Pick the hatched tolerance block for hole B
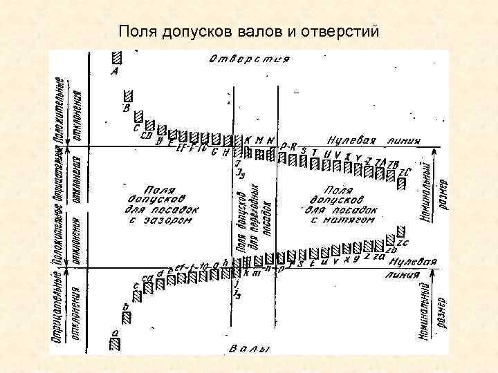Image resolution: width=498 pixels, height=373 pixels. pyautogui.click(x=128, y=96)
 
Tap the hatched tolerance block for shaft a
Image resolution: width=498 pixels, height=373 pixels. pyautogui.click(x=115, y=342)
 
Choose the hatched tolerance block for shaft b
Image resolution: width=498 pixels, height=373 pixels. pyautogui.click(x=127, y=316)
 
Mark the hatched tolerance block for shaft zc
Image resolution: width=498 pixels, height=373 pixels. pyautogui.click(x=399, y=231)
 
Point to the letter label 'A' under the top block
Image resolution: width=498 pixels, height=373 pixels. pyautogui.click(x=114, y=70)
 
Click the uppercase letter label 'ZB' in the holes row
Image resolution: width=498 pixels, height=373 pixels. pyautogui.click(x=394, y=164)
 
